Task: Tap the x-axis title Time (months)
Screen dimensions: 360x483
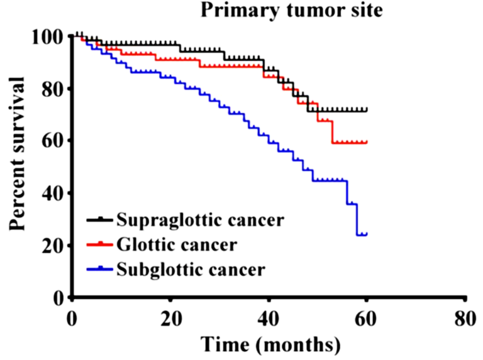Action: click(x=270, y=344)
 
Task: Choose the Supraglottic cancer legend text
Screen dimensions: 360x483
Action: click(x=200, y=221)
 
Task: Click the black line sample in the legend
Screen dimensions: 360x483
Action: click(x=99, y=221)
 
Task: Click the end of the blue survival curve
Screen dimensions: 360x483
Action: click(x=367, y=234)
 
